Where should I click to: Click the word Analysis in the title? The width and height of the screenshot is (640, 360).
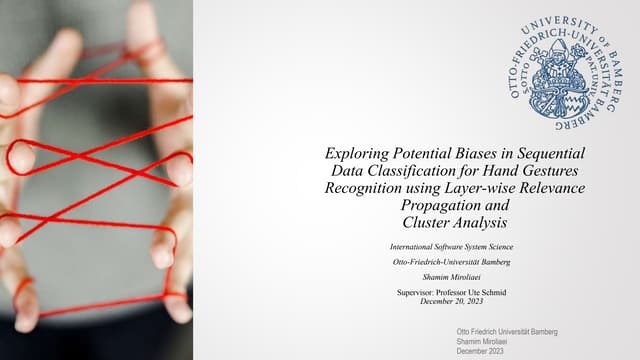pyautogui.click(x=487, y=222)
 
